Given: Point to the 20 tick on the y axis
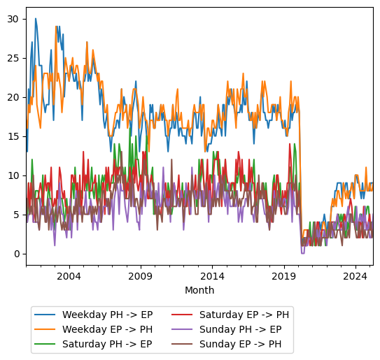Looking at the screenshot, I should [x=12, y=96].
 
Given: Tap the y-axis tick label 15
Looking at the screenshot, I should [x=12, y=136].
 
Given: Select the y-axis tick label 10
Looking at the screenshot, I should [x=12, y=175].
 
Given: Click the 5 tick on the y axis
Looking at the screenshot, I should [x=15, y=215].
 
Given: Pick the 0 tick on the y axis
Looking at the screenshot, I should [x=15, y=254].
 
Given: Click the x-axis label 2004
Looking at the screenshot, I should [x=69, y=276].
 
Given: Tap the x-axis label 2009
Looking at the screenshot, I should [x=140, y=276].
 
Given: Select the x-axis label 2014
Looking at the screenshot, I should [x=212, y=276].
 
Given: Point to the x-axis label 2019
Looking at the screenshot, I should [x=283, y=276].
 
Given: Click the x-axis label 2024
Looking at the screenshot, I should [x=355, y=276].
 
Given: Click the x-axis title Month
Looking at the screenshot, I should [x=199, y=290].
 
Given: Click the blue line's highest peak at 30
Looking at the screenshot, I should [x=36, y=19].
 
